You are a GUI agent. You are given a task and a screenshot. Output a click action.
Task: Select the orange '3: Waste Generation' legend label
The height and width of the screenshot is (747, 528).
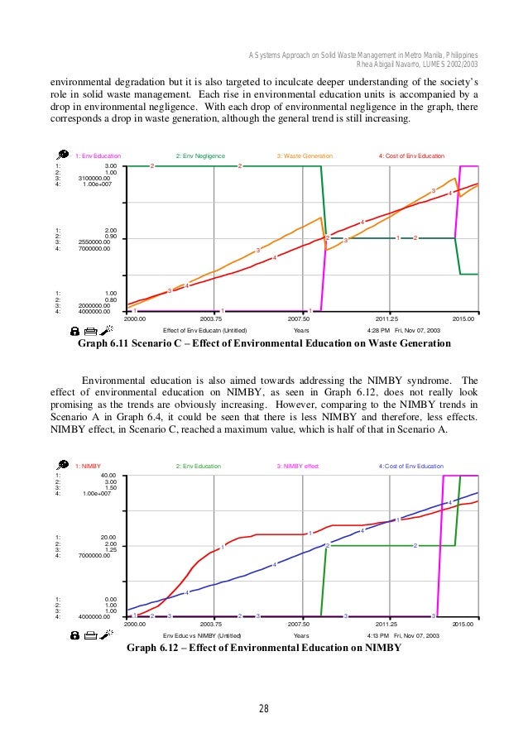click(x=305, y=156)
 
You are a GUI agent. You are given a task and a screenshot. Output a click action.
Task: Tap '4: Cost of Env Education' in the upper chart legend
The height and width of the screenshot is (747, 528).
click(x=411, y=156)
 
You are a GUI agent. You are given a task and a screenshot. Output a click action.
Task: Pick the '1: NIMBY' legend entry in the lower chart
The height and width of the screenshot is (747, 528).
click(x=88, y=467)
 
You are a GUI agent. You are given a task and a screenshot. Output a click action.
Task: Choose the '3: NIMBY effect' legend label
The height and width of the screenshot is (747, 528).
click(x=297, y=467)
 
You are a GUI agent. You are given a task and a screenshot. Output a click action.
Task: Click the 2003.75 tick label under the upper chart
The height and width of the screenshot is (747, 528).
click(x=214, y=318)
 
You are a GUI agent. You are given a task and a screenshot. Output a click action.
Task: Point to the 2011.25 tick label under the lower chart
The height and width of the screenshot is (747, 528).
click(x=388, y=625)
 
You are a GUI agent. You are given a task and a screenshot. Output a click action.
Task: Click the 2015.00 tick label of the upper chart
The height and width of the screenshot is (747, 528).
click(x=463, y=318)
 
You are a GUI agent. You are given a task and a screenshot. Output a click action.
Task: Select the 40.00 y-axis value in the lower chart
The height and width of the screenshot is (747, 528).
click(x=108, y=476)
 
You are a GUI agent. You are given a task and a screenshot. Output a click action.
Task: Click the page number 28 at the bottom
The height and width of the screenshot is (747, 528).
click(x=263, y=707)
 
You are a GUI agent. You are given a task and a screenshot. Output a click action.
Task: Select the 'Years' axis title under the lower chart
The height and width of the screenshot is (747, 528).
click(x=301, y=635)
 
